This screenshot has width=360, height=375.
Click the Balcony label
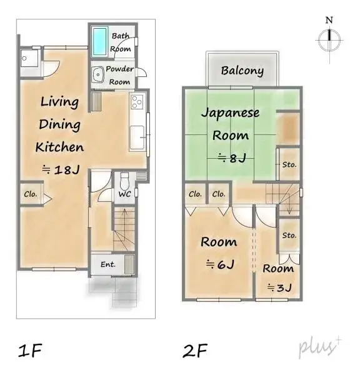pos(242,71)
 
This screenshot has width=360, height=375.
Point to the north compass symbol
pos(328,39)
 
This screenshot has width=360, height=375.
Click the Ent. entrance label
pos(107,264)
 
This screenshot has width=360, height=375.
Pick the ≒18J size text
pos(61,169)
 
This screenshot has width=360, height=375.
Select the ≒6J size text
pos(219,264)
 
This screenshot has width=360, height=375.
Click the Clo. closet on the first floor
pos(30,194)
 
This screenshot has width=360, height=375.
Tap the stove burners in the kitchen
pos(137,101)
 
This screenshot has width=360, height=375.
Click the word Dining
pos(60,124)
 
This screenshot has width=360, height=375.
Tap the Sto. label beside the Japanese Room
pos(288,165)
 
